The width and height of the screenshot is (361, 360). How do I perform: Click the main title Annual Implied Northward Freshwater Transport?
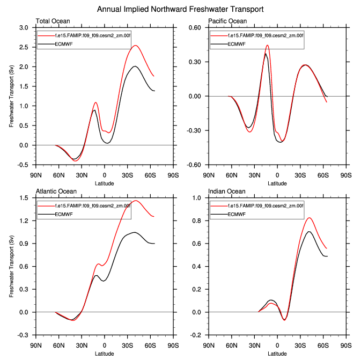pos(180,10)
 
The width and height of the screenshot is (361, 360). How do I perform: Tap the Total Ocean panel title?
pos(53,21)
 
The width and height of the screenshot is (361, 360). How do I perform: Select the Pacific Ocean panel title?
pos(229,21)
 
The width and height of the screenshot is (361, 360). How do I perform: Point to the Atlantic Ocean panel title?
pos(56,191)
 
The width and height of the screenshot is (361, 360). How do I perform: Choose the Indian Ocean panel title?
pos(227,191)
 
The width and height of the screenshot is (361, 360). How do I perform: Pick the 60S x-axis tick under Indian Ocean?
pos(323,345)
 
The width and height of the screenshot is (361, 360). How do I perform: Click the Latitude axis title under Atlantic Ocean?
pos(105,353)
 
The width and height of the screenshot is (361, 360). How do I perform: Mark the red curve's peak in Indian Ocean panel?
pos(310,218)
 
